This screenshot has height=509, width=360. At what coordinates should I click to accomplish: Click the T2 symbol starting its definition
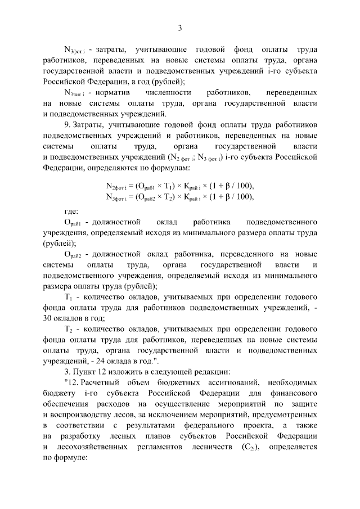[x=69, y=330]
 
